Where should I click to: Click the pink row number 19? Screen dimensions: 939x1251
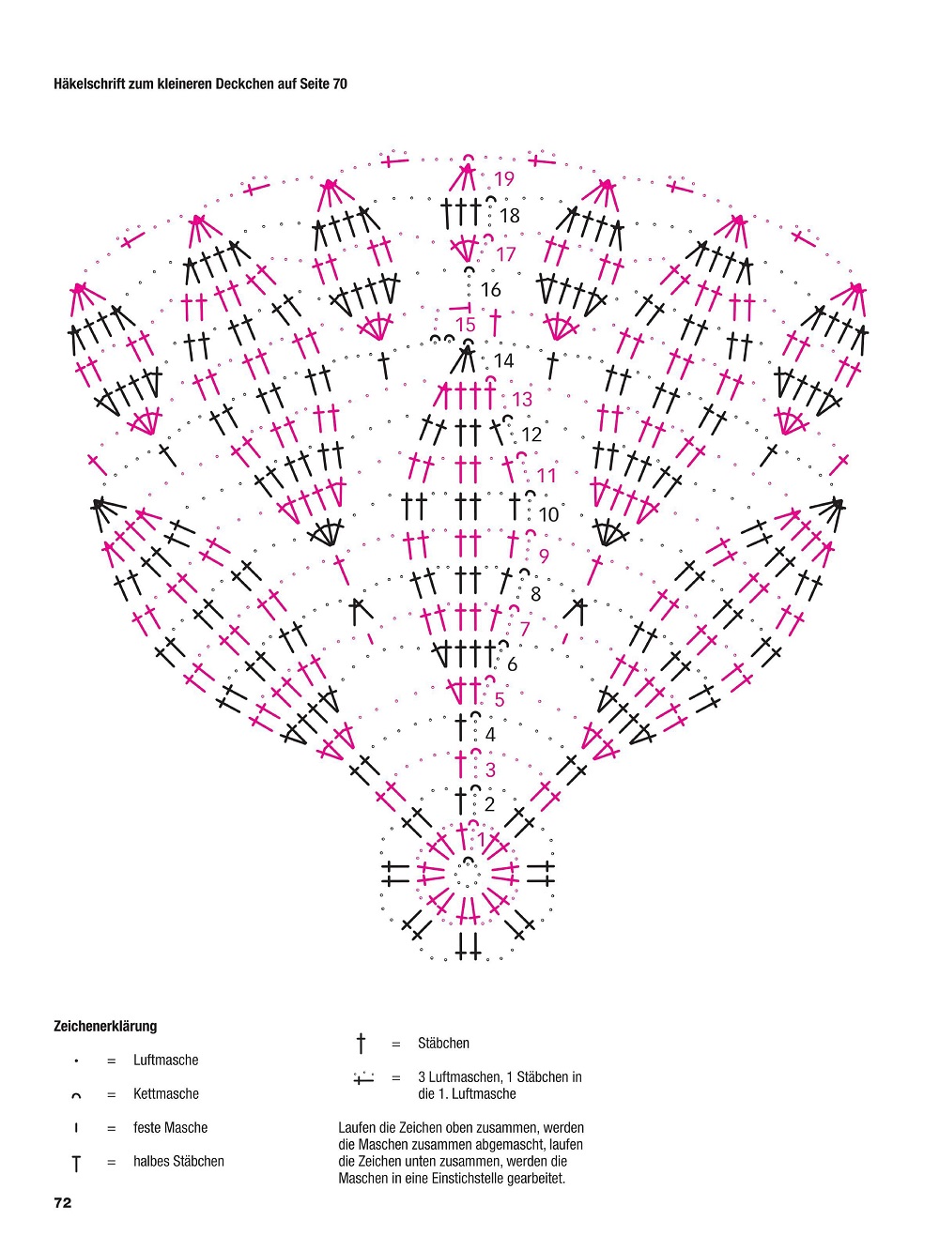(x=504, y=179)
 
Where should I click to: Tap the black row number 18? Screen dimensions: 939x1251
(x=510, y=216)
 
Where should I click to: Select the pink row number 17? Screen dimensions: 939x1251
(x=506, y=253)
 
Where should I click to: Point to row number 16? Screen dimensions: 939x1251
(x=490, y=290)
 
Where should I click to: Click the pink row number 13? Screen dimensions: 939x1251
(x=522, y=400)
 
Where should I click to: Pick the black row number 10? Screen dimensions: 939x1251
(x=548, y=514)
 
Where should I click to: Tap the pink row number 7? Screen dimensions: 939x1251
(x=525, y=629)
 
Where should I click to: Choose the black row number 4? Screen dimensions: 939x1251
(x=490, y=735)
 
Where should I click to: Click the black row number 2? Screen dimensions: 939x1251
(x=489, y=804)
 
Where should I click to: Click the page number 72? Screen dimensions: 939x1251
(x=63, y=1202)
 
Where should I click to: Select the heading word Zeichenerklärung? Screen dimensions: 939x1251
(x=105, y=1026)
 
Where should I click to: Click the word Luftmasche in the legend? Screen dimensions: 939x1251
(x=166, y=1060)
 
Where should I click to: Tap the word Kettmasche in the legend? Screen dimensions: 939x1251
(x=166, y=1093)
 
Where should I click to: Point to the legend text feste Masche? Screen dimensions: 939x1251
(x=171, y=1127)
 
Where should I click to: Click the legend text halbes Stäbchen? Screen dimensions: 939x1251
(x=178, y=1161)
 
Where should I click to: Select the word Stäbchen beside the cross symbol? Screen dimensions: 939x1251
(x=443, y=1043)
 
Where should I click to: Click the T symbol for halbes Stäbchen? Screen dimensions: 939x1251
(x=76, y=1163)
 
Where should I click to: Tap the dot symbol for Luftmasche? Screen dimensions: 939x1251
(x=76, y=1060)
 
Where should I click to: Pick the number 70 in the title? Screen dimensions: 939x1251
(x=340, y=84)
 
